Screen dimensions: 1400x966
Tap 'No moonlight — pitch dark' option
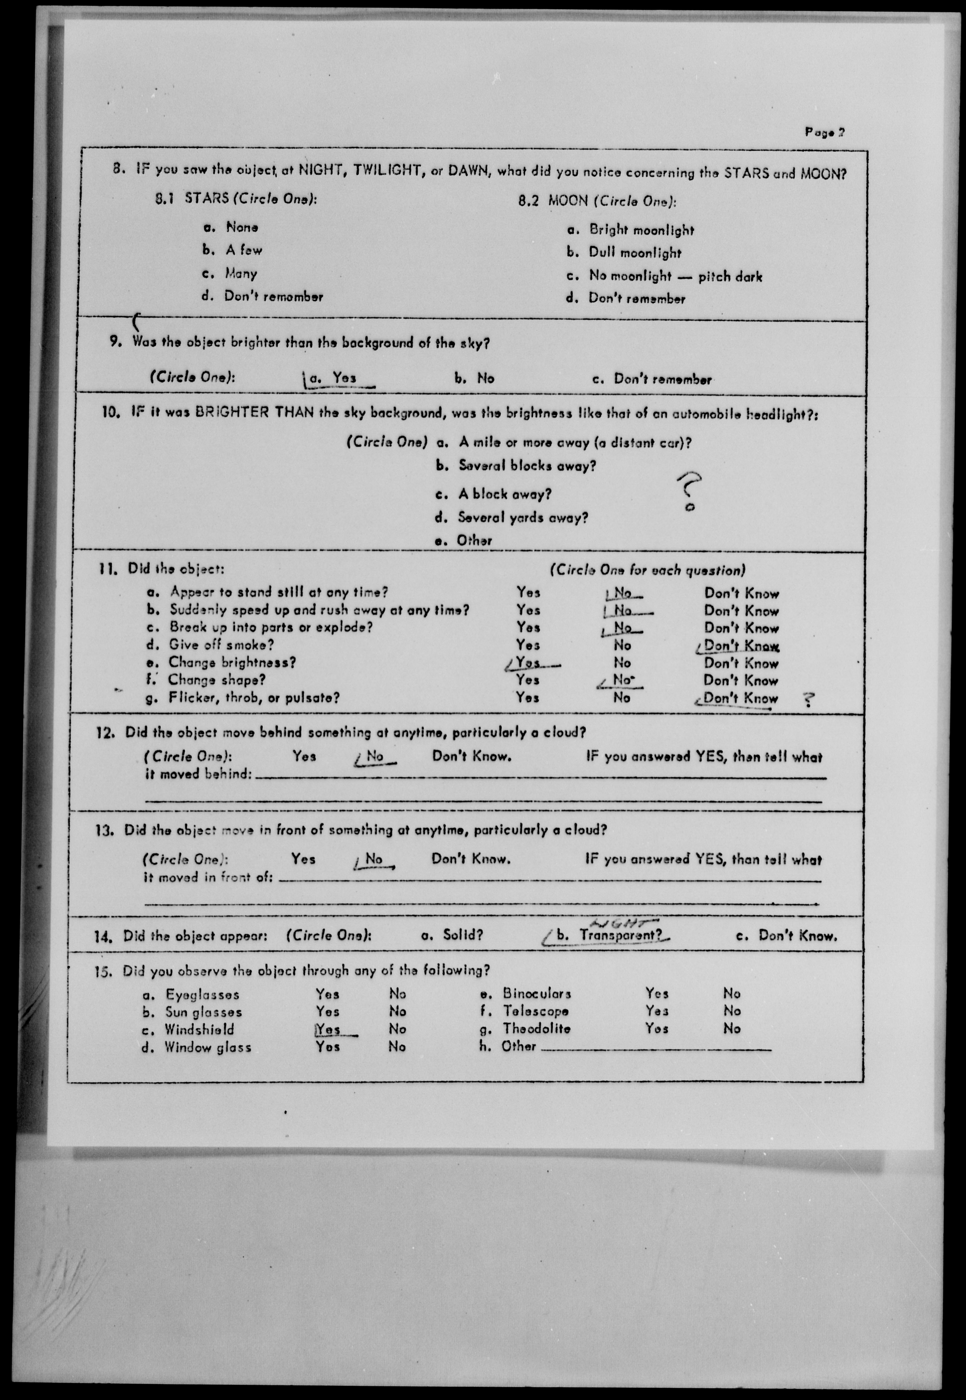click(676, 277)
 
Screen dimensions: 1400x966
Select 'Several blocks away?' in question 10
click(526, 466)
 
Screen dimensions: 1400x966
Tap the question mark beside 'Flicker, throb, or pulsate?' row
click(807, 700)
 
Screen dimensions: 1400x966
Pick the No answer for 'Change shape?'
click(622, 680)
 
